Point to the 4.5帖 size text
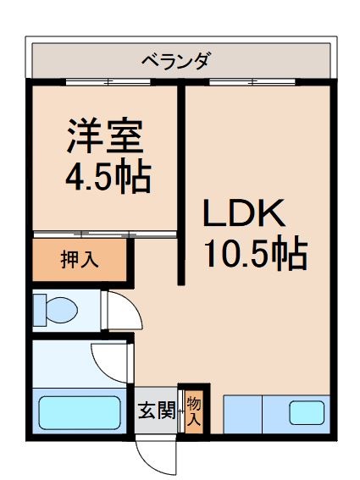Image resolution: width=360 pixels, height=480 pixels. (108, 176)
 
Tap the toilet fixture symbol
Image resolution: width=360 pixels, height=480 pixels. (54, 309)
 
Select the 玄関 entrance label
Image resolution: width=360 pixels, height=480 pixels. (156, 411)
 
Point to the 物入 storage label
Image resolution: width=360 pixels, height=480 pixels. (194, 411)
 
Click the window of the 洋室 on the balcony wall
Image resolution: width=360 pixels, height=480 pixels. (108, 82)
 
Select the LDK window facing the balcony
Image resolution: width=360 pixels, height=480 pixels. (253, 82)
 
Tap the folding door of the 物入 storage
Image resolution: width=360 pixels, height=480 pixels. (181, 411)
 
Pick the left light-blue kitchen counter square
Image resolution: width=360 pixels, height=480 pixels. (242, 413)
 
